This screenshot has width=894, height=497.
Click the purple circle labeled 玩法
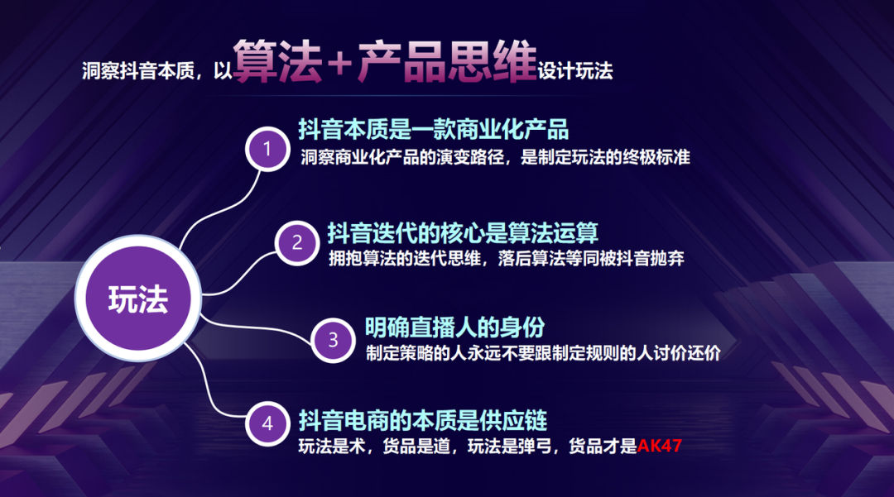(138, 299)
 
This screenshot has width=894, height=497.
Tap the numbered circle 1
(267, 149)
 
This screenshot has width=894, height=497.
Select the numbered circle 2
(296, 243)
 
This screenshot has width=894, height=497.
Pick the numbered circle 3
(333, 341)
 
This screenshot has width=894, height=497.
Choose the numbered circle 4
(267, 424)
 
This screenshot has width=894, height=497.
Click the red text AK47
(659, 446)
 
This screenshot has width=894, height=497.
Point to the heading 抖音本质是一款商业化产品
(433, 130)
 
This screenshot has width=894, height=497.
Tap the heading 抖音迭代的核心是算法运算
(463, 233)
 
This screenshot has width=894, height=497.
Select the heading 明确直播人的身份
(454, 327)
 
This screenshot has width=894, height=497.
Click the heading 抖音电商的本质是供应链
(422, 421)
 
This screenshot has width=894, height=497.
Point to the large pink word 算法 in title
(277, 61)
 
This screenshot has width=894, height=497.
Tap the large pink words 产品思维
(447, 61)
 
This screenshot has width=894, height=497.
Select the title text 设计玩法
(574, 70)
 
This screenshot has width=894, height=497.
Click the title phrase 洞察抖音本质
(138, 70)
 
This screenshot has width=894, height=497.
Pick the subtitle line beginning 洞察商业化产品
(495, 157)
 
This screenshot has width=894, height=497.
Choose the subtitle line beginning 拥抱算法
(507, 259)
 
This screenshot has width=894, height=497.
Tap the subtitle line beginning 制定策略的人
(543, 353)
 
